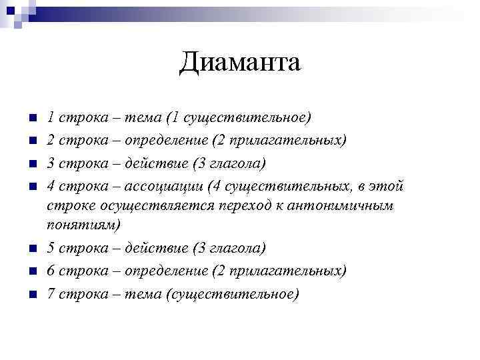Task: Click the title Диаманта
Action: click(x=240, y=63)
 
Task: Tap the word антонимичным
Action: click(x=347, y=205)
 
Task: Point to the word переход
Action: click(x=251, y=205)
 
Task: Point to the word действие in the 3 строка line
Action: click(x=155, y=162)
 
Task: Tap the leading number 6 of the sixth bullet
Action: click(x=51, y=271)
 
